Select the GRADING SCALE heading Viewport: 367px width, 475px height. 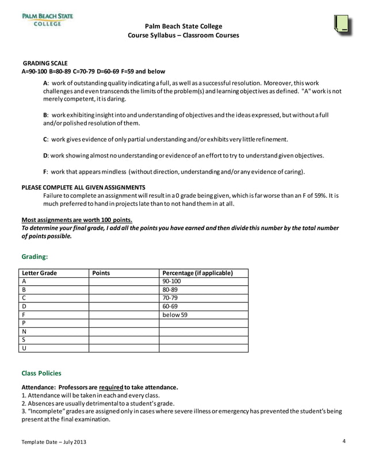pyautogui.click(x=45, y=63)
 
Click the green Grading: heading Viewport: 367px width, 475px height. pyautogui.click(x=35, y=256)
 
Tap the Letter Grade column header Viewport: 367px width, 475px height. pyautogui.click(x=40, y=273)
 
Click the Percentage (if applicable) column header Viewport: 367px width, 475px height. pyautogui.click(x=198, y=273)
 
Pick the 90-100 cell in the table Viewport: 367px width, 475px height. pyautogui.click(x=172, y=281)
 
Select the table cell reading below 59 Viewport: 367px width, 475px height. pyautogui.click(x=175, y=315)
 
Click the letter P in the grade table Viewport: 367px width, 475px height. pyautogui.click(x=24, y=323)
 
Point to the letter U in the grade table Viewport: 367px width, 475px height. pyautogui.click(x=24, y=348)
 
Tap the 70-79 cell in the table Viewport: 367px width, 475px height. pyautogui.click(x=171, y=298)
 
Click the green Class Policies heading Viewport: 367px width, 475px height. pyautogui.click(x=41, y=373)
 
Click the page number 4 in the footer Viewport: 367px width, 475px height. pyautogui.click(x=343, y=441)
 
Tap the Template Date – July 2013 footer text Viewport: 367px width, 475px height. pyautogui.click(x=55, y=442)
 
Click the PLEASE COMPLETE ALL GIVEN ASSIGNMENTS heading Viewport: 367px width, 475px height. pyautogui.click(x=83, y=187)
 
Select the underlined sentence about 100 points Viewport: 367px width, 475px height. pyautogui.click(x=77, y=220)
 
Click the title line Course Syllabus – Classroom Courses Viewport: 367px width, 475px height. pyautogui.click(x=183, y=36)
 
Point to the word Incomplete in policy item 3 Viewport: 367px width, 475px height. pyautogui.click(x=45, y=411)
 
